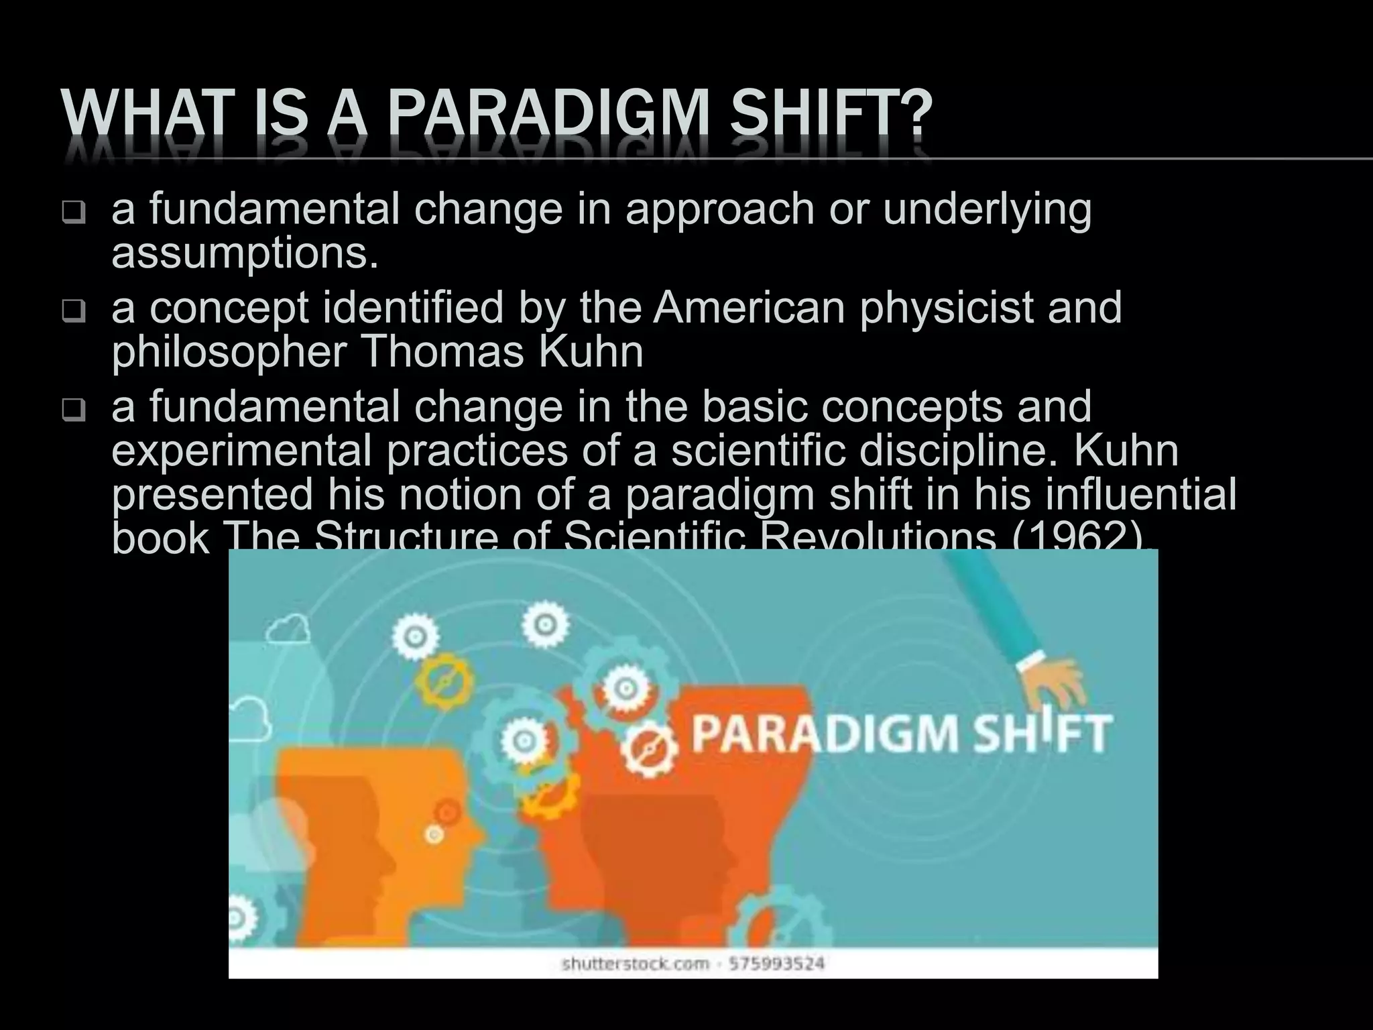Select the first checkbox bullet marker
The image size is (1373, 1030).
(x=73, y=213)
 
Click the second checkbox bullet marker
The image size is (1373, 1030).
(x=73, y=312)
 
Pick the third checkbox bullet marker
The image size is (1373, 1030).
(x=73, y=410)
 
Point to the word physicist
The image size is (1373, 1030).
(x=947, y=308)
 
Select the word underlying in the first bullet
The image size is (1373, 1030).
(x=987, y=209)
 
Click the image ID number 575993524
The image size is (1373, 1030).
(x=776, y=964)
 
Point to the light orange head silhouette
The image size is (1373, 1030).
(x=355, y=838)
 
